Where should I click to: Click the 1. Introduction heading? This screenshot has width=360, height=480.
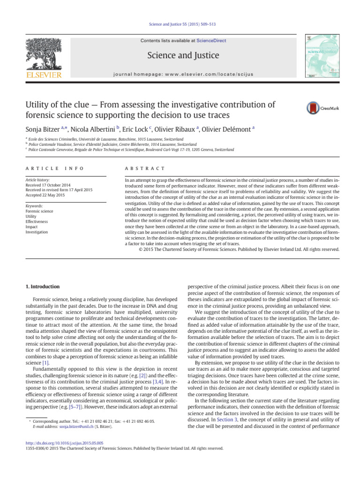(x=42, y=286)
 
